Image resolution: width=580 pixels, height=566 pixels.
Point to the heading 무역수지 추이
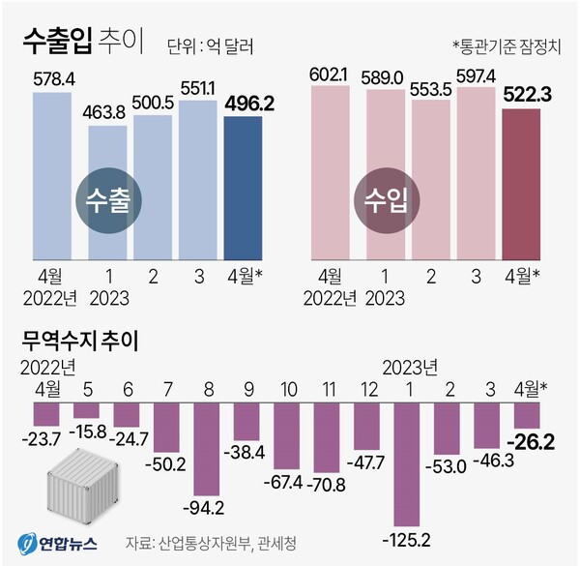pyautogui.click(x=80, y=341)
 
